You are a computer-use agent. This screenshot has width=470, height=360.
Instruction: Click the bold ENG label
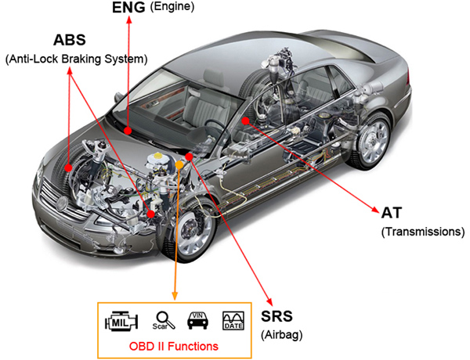click(128, 8)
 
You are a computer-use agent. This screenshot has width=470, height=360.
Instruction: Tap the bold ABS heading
click(70, 40)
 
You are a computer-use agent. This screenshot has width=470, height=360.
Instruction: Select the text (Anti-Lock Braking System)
click(77, 59)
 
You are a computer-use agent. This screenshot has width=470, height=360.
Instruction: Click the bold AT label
click(392, 213)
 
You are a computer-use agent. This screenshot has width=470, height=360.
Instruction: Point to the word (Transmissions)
click(423, 232)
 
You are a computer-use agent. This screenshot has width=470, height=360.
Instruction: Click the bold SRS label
click(277, 316)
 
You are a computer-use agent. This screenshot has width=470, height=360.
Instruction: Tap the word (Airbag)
click(281, 334)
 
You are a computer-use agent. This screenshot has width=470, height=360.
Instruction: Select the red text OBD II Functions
click(174, 346)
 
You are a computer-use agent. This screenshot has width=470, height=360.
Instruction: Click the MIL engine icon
click(121, 322)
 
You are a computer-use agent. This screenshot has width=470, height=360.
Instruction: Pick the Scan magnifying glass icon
click(164, 321)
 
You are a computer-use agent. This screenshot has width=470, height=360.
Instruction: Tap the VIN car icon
click(198, 320)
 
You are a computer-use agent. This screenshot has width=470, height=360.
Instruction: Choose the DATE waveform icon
click(233, 321)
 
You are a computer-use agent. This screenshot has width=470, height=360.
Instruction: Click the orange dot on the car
click(179, 164)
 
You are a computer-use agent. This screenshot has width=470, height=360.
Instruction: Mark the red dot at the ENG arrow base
click(128, 131)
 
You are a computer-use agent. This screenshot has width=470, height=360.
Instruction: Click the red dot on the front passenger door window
click(245, 121)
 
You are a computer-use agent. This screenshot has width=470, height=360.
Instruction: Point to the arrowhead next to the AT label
click(376, 210)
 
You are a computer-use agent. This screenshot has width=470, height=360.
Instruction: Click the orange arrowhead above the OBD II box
click(175, 296)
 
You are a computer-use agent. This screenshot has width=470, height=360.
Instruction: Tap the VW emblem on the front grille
click(62, 203)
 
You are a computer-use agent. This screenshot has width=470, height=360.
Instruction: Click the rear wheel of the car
click(371, 141)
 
